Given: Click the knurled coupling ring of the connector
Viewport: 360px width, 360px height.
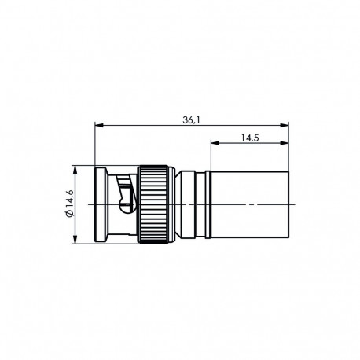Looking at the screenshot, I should pyautogui.click(x=155, y=204).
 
